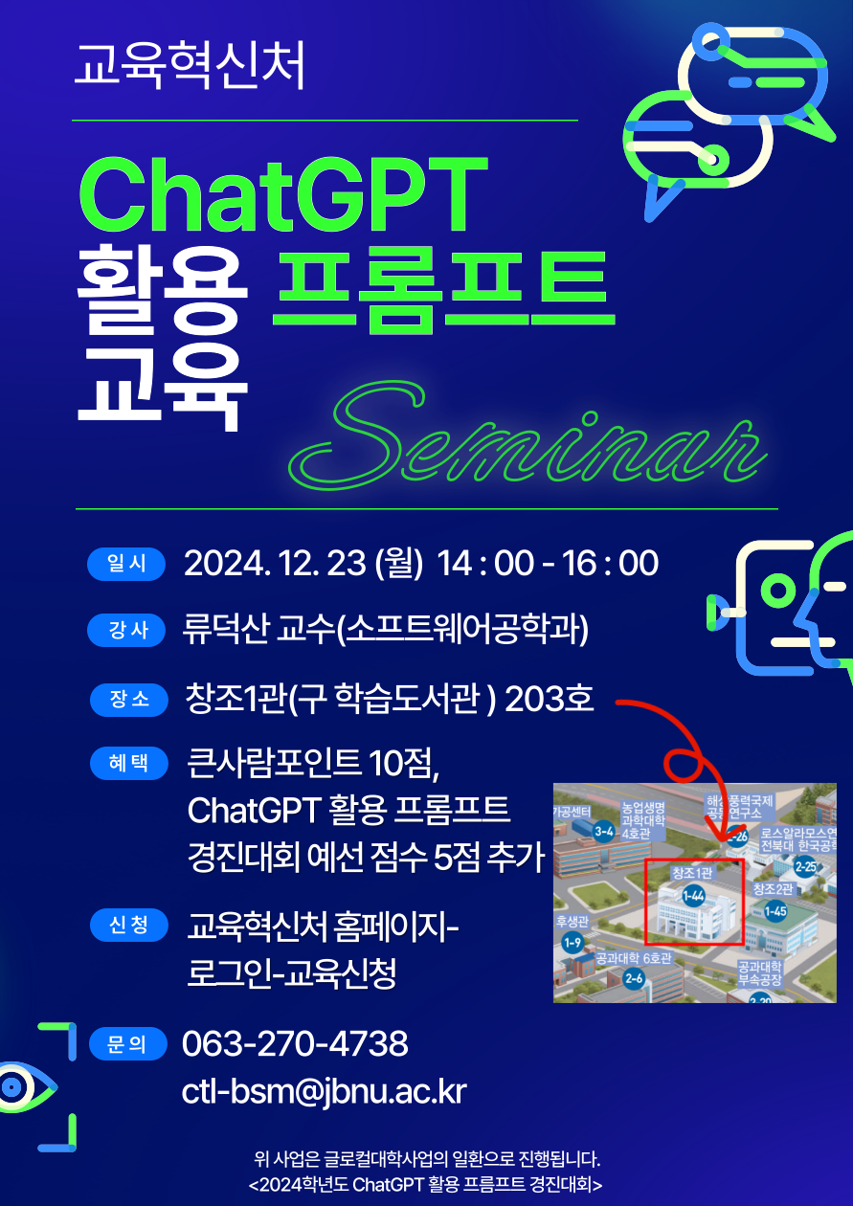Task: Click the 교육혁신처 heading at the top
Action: (x=191, y=64)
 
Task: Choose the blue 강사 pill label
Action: (x=127, y=631)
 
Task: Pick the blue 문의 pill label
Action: (x=127, y=1044)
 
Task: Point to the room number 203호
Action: (x=549, y=700)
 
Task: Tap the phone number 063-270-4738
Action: (x=295, y=1044)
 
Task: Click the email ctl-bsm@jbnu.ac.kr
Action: (x=324, y=1092)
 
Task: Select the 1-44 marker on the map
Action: (x=693, y=896)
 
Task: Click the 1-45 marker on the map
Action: (x=774, y=911)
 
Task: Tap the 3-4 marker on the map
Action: (x=603, y=832)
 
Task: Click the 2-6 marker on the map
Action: (x=634, y=978)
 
